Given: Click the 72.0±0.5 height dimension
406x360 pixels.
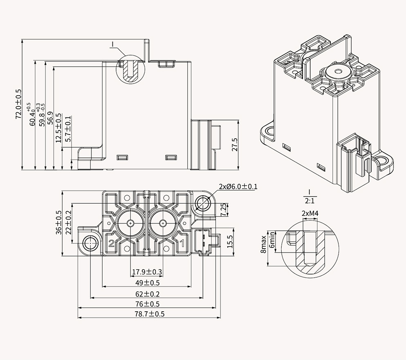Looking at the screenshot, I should pos(18,104).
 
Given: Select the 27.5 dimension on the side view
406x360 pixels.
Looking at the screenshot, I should pos(234,144).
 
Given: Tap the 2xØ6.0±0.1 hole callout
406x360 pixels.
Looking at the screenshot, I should pos(238,187).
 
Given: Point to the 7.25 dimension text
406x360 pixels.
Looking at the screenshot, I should pos(223,209).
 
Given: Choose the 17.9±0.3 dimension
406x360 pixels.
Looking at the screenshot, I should pos(147,272).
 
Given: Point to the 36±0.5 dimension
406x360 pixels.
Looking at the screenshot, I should pos(58,222).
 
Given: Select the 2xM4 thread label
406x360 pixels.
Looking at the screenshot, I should pos(310,213).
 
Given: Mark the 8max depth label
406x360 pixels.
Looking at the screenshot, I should pos(264,243).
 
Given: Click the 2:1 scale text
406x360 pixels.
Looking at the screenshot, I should pos(309,201).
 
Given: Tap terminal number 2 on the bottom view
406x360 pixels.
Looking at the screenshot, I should pos(111,243).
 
